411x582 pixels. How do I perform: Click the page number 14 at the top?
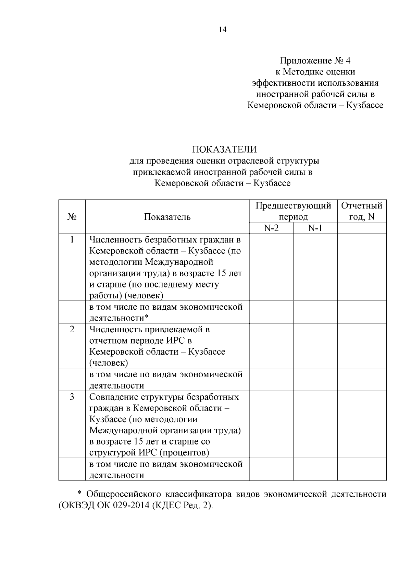[223, 29]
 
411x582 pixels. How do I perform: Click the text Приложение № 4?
[315, 61]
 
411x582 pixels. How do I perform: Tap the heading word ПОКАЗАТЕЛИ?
[224, 150]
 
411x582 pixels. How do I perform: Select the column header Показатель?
[167, 217]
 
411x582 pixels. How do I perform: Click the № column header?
[72, 217]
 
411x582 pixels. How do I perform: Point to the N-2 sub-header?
[271, 228]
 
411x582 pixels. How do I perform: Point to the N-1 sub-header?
[315, 228]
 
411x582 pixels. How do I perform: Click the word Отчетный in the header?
[362, 206]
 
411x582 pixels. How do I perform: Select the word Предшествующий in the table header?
[293, 206]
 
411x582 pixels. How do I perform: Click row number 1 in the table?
[72, 239]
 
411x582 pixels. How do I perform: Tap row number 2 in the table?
[72, 329]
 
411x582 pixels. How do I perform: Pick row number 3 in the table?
[72, 397]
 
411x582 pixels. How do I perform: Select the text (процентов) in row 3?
[184, 453]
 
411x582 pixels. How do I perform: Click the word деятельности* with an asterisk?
[119, 318]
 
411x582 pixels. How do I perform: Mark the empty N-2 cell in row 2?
[271, 346]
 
